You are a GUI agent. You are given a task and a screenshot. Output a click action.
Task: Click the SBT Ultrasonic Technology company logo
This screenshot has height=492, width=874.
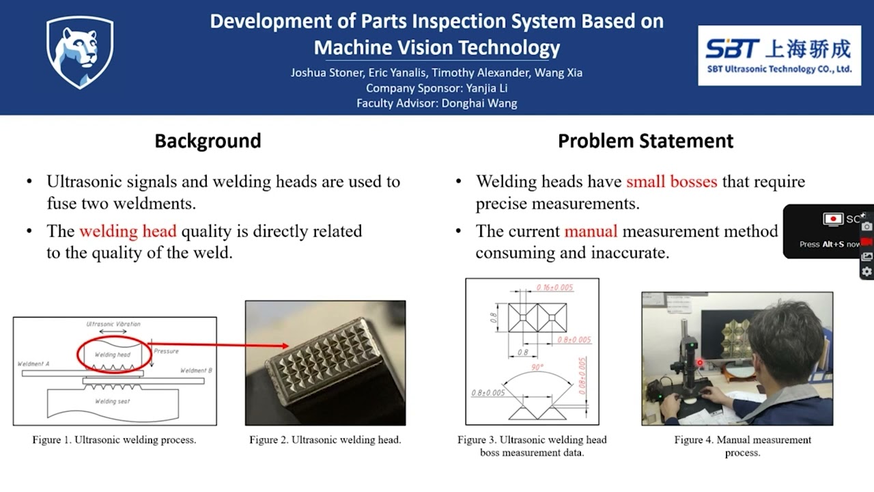click(x=778, y=55)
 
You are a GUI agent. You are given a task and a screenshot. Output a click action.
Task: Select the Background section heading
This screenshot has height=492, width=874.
click(x=208, y=141)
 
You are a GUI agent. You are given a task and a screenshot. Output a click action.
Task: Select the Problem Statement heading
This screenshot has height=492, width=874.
click(x=645, y=141)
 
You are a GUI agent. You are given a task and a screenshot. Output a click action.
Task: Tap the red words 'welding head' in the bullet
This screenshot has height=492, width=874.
click(x=128, y=231)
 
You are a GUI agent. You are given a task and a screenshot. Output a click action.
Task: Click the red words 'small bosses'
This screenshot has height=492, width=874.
click(x=671, y=182)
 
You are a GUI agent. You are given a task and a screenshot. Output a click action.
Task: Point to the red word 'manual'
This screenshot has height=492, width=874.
click(x=591, y=231)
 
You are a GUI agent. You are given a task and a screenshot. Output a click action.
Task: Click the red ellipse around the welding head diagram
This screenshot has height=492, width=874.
click(x=113, y=354)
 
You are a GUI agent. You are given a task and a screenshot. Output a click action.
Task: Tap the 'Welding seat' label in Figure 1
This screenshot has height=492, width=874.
click(x=112, y=401)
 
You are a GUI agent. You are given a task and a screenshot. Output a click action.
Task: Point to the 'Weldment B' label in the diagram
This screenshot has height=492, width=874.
click(x=196, y=370)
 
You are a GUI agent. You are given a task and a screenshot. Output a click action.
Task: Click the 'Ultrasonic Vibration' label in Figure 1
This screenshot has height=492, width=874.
click(x=113, y=324)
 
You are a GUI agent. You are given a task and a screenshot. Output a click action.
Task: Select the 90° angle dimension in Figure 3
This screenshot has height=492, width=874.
click(x=538, y=368)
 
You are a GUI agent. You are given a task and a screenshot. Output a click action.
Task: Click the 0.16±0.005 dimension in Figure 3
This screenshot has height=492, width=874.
click(x=554, y=288)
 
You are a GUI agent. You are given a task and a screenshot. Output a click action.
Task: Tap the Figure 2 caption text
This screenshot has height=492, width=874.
click(x=325, y=440)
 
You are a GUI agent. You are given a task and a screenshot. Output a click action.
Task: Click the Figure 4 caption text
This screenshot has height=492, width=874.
click(x=742, y=446)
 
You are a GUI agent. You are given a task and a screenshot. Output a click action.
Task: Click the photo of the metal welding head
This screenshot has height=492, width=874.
click(x=325, y=362)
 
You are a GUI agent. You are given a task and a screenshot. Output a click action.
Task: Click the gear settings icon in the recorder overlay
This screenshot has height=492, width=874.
click(x=866, y=271)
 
